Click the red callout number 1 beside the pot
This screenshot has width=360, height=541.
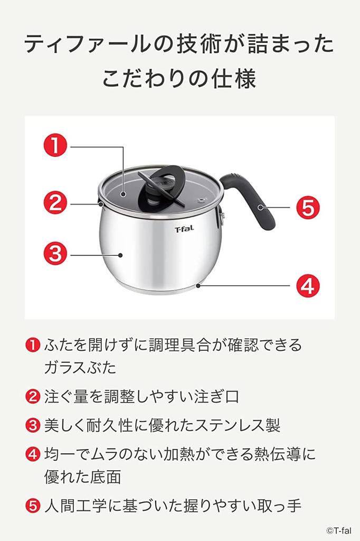54,145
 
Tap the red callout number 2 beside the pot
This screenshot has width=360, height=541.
54,203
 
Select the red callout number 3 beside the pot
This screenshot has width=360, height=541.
54,255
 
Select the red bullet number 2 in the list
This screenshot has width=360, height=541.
33,397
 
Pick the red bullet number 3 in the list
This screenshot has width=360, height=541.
33,425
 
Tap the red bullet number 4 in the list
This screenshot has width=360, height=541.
33,453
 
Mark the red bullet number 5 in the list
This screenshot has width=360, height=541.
33,506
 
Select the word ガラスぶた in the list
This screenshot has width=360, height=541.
80,368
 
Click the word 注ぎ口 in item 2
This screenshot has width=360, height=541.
215,397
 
